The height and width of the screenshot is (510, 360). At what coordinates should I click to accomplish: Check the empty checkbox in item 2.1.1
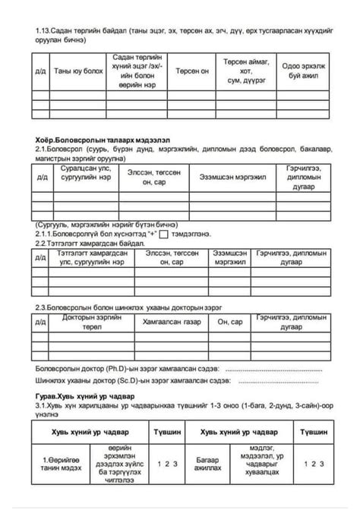165,235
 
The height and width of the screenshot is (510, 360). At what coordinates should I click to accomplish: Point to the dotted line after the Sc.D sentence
292,381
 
